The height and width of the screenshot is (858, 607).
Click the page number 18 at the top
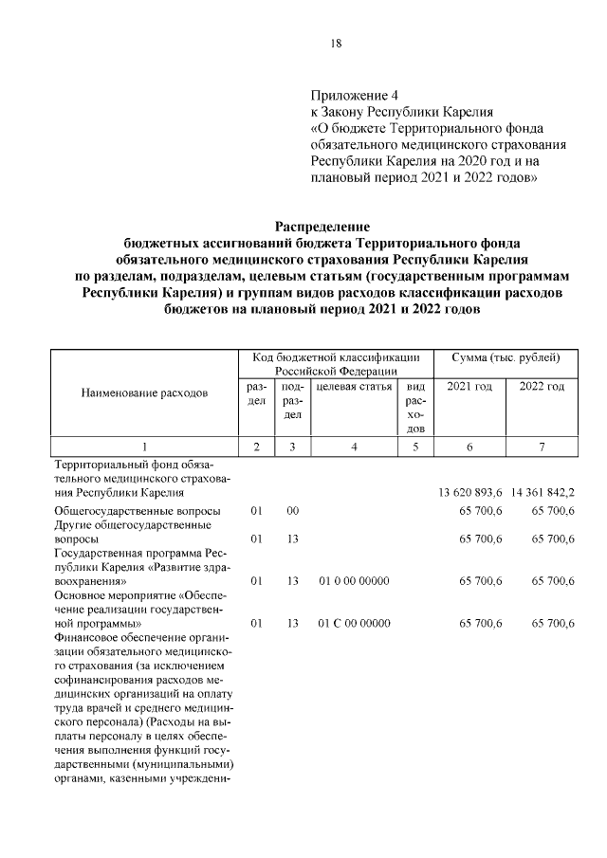click(x=336, y=44)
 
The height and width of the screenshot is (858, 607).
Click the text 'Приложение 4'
click(x=356, y=95)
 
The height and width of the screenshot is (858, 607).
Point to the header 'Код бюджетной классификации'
click(x=336, y=357)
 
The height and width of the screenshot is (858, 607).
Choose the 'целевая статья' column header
click(x=353, y=386)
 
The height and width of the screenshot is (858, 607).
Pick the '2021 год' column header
click(x=469, y=386)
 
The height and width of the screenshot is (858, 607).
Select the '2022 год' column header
click(x=541, y=386)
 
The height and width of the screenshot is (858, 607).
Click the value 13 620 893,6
click(x=472, y=493)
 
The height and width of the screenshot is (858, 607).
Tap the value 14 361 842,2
click(x=542, y=493)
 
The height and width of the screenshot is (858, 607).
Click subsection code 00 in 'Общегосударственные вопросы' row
click(x=293, y=510)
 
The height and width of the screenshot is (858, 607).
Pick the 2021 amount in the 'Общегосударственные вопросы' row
click(x=481, y=510)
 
